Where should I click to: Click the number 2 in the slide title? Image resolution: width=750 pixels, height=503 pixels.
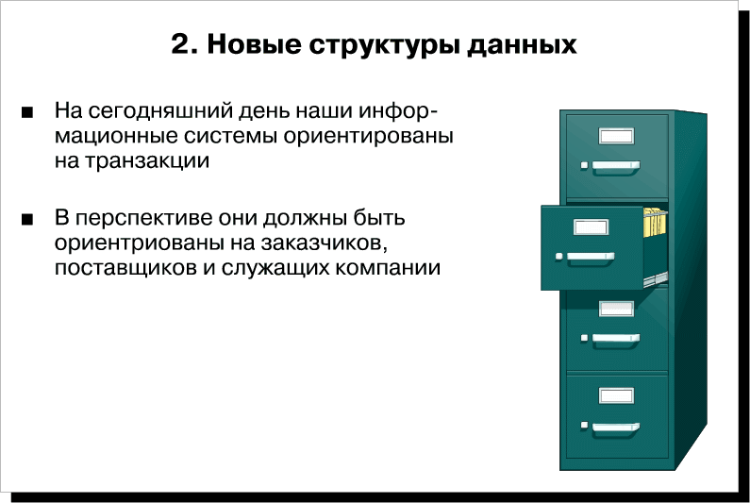(x=181, y=44)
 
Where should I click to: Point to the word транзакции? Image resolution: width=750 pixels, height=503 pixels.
(x=147, y=161)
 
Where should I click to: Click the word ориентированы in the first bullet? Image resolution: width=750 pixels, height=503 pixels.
(x=368, y=137)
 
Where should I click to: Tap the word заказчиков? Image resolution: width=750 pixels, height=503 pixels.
(x=324, y=244)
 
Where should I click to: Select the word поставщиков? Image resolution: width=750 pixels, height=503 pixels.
(x=125, y=269)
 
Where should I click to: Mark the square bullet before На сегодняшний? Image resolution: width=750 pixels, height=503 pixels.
(x=27, y=113)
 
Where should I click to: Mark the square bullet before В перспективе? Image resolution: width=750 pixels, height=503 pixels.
(x=27, y=220)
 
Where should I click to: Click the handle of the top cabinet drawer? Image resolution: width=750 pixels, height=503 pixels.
(x=616, y=166)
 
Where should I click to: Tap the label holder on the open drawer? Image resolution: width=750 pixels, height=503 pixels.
(x=591, y=226)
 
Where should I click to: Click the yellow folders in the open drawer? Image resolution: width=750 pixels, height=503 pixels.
(x=655, y=222)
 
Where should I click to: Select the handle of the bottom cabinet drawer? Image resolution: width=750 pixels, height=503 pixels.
(x=616, y=428)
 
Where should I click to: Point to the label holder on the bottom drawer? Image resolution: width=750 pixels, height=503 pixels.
(x=617, y=395)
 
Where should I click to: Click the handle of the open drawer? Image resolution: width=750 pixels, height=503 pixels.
(x=591, y=258)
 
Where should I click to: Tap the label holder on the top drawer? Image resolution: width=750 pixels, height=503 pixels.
(x=617, y=137)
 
